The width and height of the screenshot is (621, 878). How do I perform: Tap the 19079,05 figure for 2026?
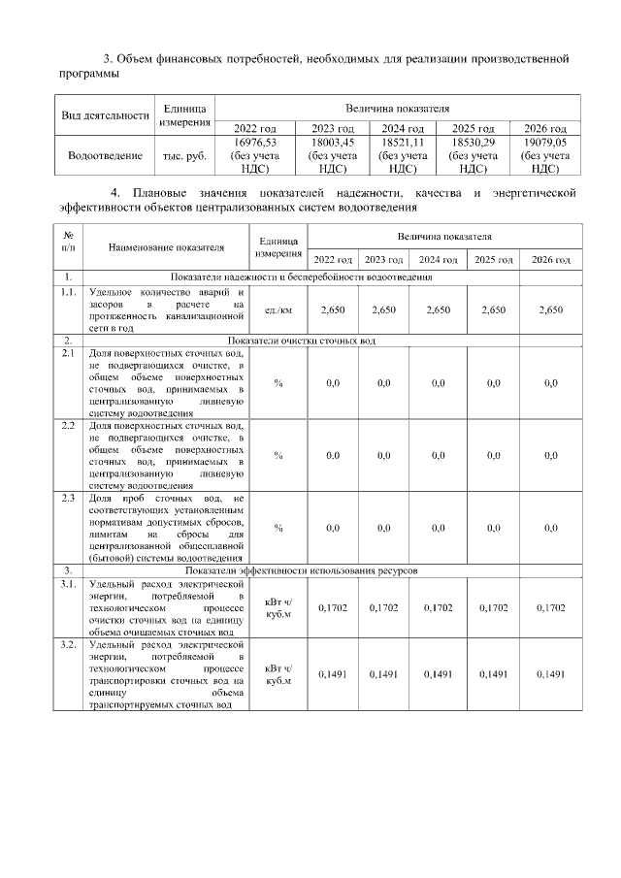(x=545, y=142)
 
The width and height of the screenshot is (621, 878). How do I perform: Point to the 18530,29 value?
(x=474, y=142)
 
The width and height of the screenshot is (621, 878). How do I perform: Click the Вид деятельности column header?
(x=104, y=114)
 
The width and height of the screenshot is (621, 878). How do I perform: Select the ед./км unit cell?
(x=278, y=309)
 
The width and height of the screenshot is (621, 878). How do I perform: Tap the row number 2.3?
(x=68, y=498)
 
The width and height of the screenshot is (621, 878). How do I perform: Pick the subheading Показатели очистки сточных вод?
(x=302, y=341)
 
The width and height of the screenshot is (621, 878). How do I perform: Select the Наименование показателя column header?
(x=166, y=247)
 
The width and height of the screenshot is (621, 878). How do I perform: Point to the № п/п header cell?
(x=68, y=242)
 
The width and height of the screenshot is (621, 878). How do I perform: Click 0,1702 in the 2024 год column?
(x=439, y=607)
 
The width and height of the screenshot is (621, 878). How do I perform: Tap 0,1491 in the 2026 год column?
(x=550, y=673)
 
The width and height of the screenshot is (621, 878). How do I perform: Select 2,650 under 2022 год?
(x=332, y=309)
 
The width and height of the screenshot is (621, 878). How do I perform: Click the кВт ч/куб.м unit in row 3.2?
(x=278, y=673)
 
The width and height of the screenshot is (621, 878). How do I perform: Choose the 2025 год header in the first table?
(x=474, y=128)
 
